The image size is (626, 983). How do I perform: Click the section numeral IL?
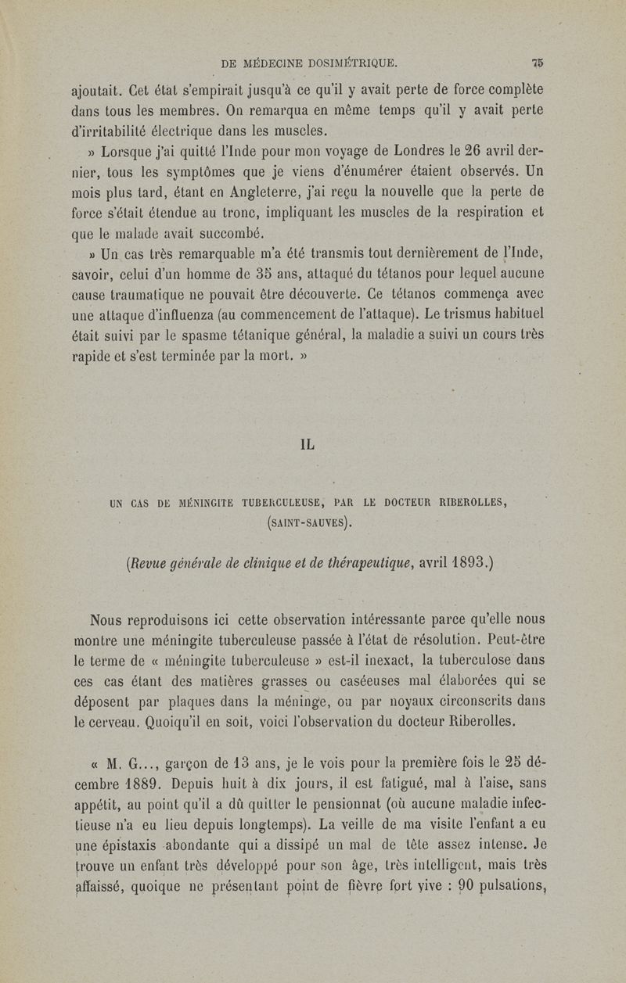tap(308, 445)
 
